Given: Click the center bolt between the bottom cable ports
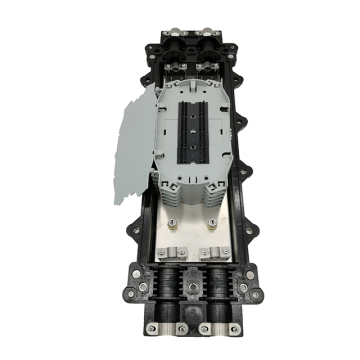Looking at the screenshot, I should [x=189, y=290].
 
